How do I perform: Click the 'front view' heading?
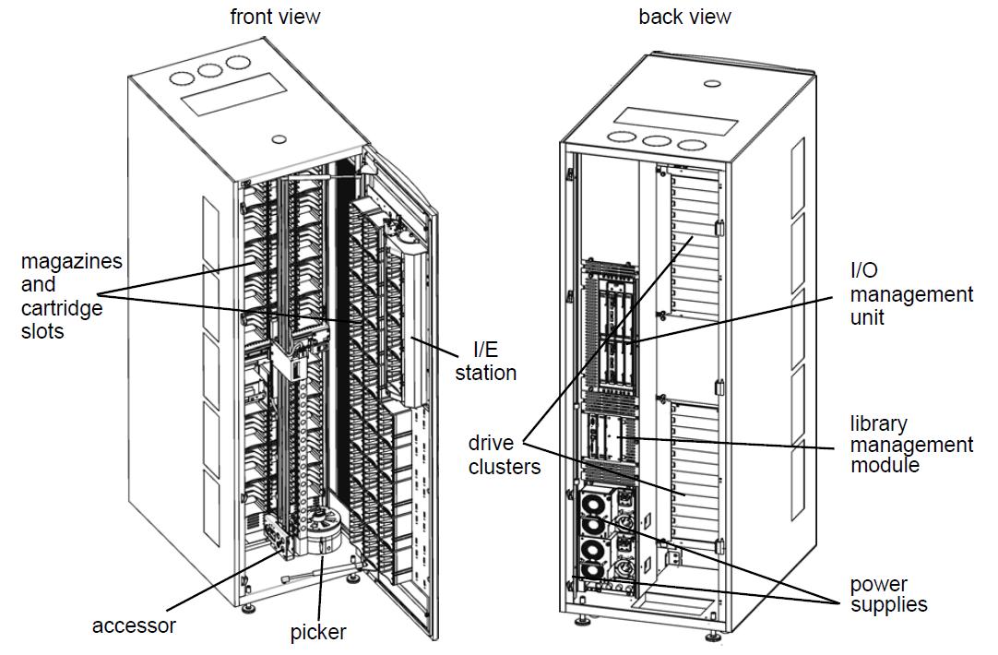pyautogui.click(x=275, y=17)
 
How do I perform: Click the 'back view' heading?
pyautogui.click(x=684, y=17)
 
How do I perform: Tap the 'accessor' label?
pyautogui.click(x=134, y=625)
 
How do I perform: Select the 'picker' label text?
pyautogui.click(x=318, y=632)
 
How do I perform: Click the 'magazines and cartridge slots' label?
pyautogui.click(x=71, y=295)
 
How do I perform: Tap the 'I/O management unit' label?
pyautogui.click(x=910, y=294)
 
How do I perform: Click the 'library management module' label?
pyautogui.click(x=910, y=444)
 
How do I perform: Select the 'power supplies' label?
pyautogui.click(x=888, y=594)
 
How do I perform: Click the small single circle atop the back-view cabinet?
pyautogui.click(x=710, y=84)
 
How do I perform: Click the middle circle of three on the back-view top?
pyautogui.click(x=657, y=142)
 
